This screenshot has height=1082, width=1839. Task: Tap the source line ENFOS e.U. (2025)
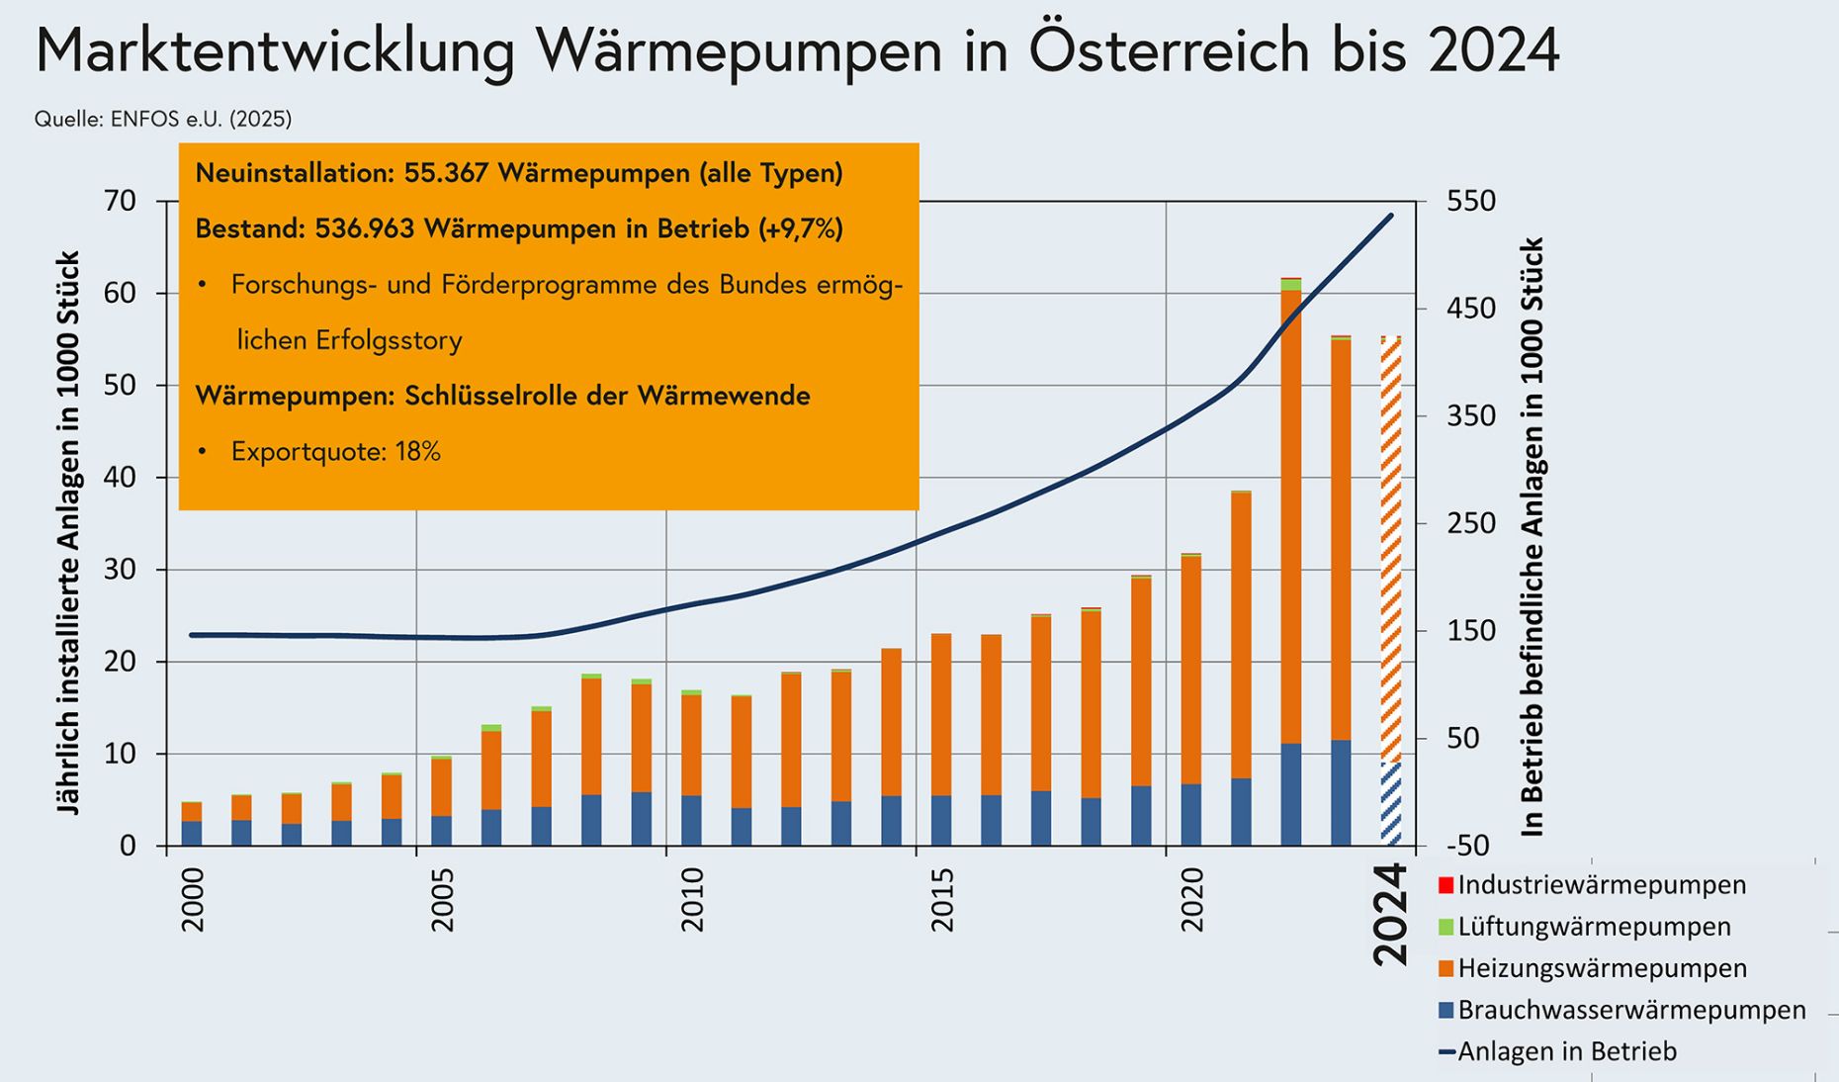(163, 120)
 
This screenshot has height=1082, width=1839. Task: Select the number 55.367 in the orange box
(446, 173)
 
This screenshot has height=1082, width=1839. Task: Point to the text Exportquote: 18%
(335, 452)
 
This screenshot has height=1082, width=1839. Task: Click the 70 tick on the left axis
(120, 202)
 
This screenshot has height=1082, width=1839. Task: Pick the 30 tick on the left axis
(120, 570)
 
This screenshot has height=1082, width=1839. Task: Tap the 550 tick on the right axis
(1470, 202)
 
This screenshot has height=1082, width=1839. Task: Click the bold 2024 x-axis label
(1390, 914)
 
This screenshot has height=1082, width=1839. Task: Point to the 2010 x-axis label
(692, 900)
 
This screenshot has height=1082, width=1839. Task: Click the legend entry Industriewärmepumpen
(1602, 884)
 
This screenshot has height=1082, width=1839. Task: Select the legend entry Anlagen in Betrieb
(1567, 1051)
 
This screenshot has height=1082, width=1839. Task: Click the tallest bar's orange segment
(1290, 514)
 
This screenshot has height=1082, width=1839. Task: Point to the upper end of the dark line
(1391, 215)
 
